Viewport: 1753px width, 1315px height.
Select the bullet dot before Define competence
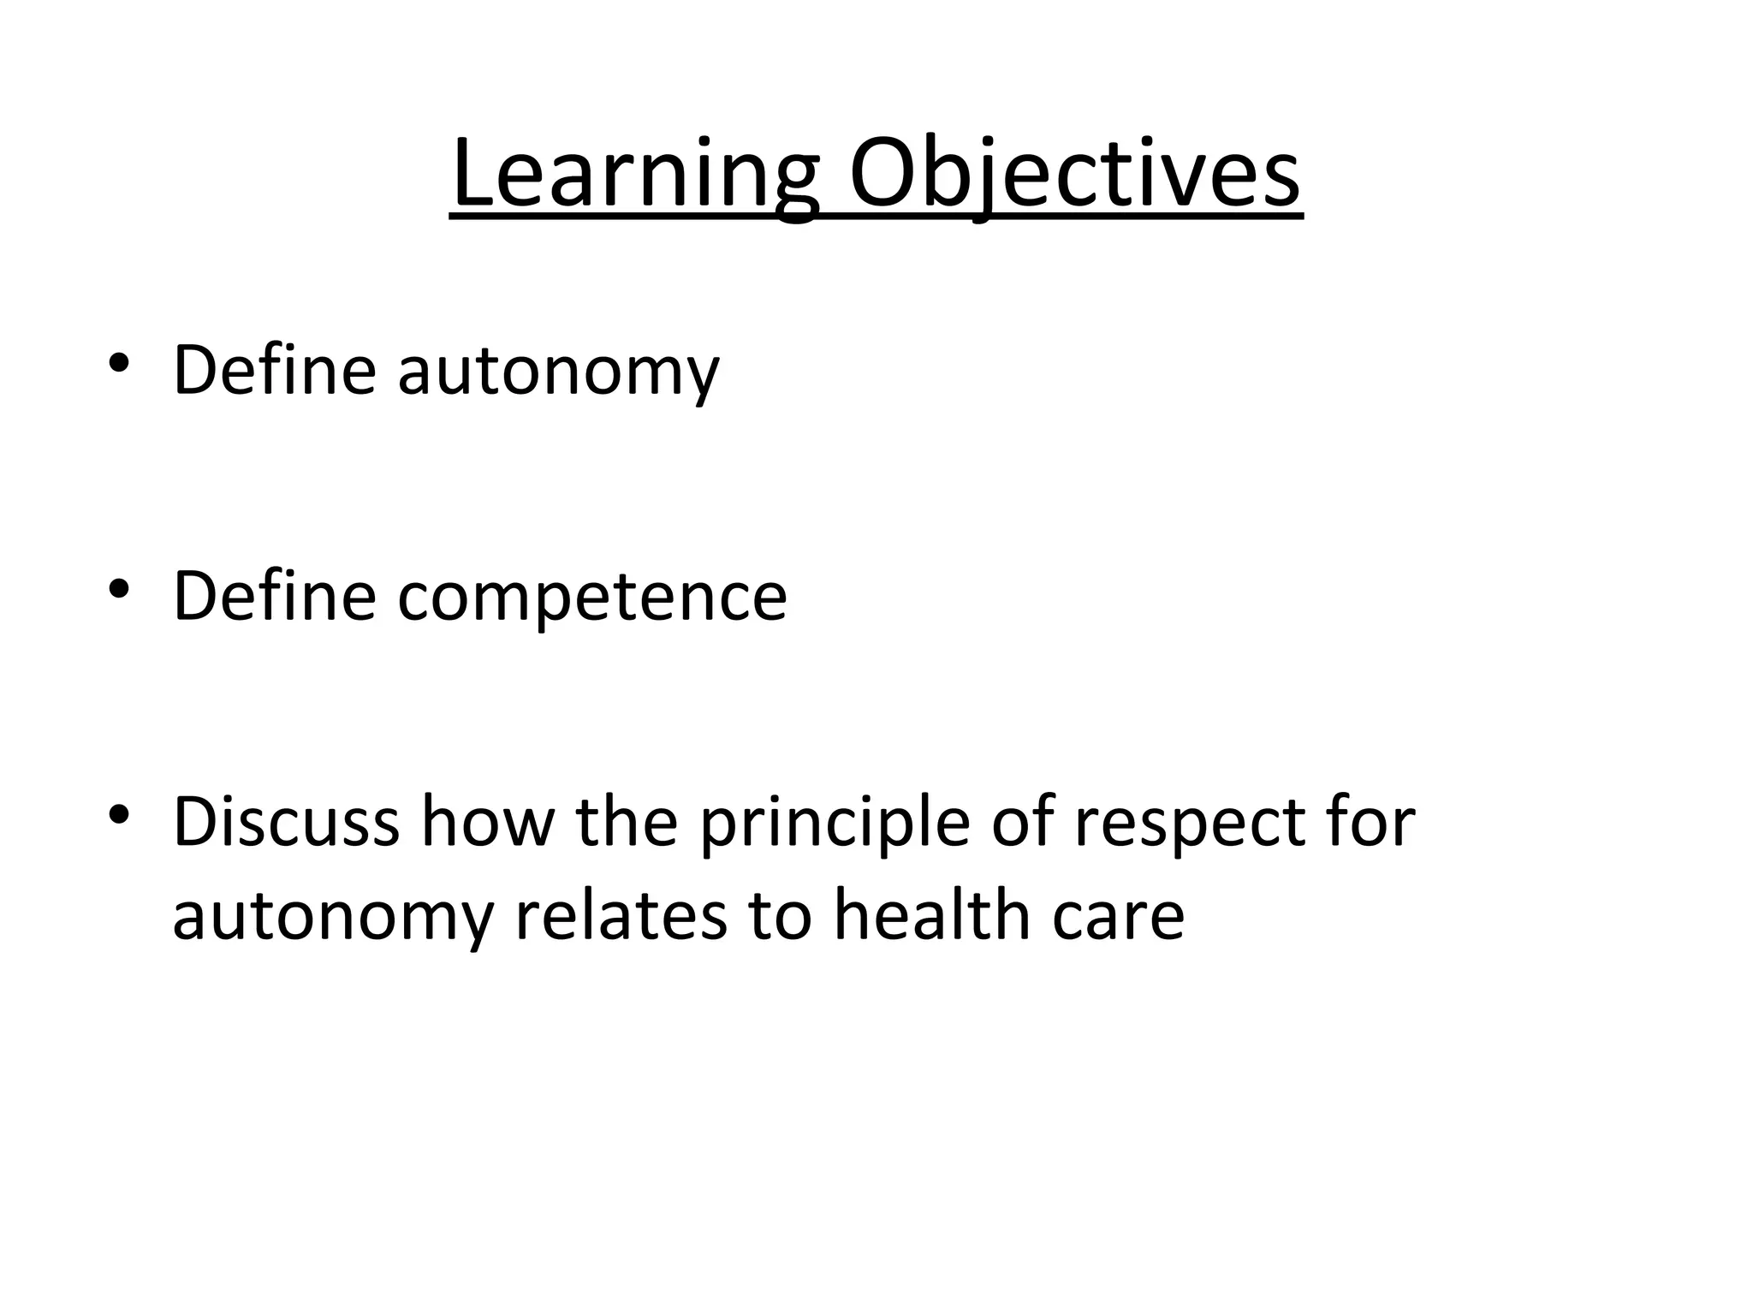(119, 589)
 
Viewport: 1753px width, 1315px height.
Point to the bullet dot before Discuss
(119, 814)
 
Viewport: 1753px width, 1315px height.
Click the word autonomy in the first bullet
(558, 372)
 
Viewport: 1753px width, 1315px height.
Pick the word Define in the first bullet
(275, 370)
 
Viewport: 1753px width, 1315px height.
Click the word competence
(591, 597)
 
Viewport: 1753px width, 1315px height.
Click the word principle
(835, 824)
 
